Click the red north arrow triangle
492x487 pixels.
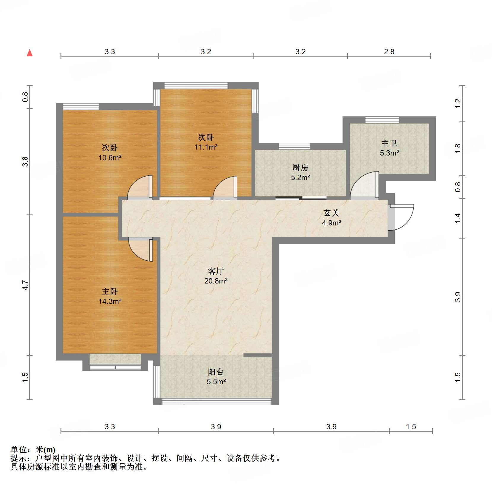coord(30,53)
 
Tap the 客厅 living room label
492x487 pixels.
coord(216,271)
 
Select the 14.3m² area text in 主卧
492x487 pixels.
coord(110,301)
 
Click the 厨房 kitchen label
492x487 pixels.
coord(300,168)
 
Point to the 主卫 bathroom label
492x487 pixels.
coord(389,143)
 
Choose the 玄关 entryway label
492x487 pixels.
coord(331,213)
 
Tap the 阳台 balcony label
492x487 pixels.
coord(216,372)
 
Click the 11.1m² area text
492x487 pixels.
coord(206,147)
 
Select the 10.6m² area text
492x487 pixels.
coord(110,158)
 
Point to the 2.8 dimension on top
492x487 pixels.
coord(389,52)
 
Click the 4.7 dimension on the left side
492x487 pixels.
coord(26,285)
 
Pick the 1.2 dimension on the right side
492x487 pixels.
coord(458,103)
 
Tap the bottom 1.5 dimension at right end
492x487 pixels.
coord(411,427)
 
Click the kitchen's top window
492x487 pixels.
coord(294,146)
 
